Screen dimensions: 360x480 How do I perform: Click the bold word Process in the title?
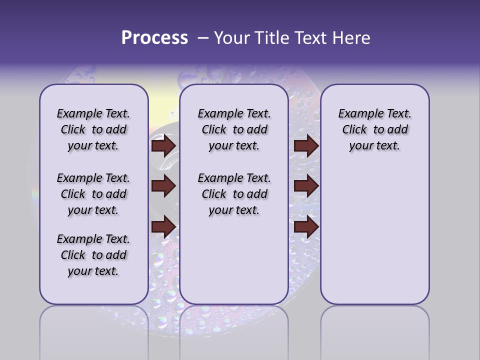pyautogui.click(x=154, y=38)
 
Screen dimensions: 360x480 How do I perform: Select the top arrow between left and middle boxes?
pyautogui.click(x=163, y=146)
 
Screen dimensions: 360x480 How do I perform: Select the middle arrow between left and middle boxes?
pyautogui.click(x=163, y=186)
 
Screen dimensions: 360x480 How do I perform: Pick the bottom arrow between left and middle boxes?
pyautogui.click(x=163, y=227)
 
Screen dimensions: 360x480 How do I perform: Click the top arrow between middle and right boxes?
pyautogui.click(x=306, y=146)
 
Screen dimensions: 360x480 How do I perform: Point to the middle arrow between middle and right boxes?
pyautogui.click(x=306, y=186)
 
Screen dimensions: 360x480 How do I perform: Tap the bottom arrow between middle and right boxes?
pyautogui.click(x=306, y=227)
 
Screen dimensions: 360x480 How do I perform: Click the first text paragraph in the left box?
pyautogui.click(x=93, y=129)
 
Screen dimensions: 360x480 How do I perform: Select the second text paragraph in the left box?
pyautogui.click(x=93, y=194)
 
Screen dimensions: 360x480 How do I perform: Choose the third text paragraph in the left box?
pyautogui.click(x=93, y=255)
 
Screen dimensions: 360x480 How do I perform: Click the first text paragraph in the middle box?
pyautogui.click(x=234, y=129)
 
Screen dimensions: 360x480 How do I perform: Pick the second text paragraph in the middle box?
pyautogui.click(x=234, y=194)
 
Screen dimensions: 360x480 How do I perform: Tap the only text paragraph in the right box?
pyautogui.click(x=374, y=129)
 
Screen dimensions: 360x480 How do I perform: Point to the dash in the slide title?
pyautogui.click(x=202, y=38)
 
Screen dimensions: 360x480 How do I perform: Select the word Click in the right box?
pyautogui.click(x=354, y=130)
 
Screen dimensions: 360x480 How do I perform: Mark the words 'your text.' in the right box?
pyautogui.click(x=374, y=146)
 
